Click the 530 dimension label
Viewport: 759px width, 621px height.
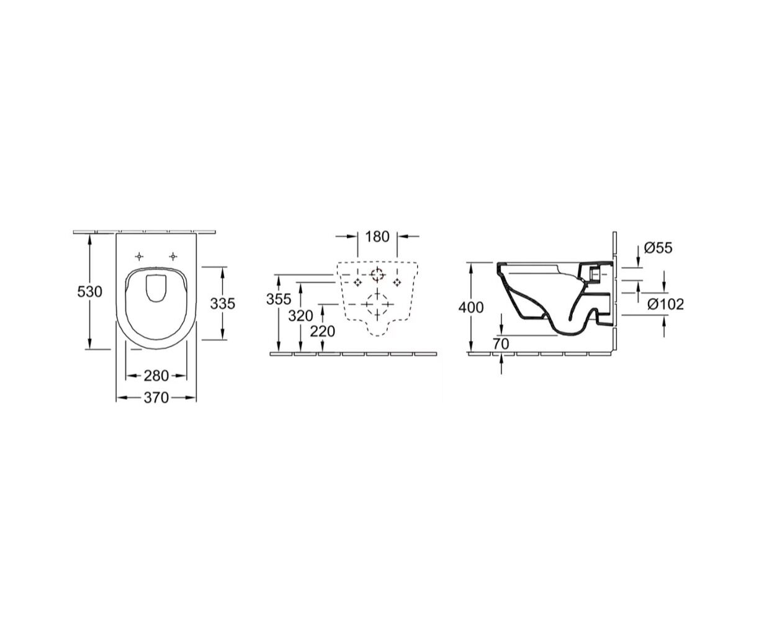pyautogui.click(x=89, y=291)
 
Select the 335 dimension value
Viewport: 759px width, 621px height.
pyautogui.click(x=222, y=304)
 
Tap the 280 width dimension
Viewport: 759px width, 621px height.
pyautogui.click(x=156, y=376)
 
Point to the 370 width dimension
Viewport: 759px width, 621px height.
pyautogui.click(x=156, y=397)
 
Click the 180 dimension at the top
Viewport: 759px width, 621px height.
pyautogui.click(x=377, y=237)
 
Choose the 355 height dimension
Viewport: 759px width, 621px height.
pyautogui.click(x=279, y=299)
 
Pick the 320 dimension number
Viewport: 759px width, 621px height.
pyautogui.click(x=300, y=316)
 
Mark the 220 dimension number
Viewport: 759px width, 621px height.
pyautogui.click(x=323, y=332)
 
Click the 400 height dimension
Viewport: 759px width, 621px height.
pyautogui.click(x=471, y=307)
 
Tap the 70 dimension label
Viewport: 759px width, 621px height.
pyautogui.click(x=501, y=345)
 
